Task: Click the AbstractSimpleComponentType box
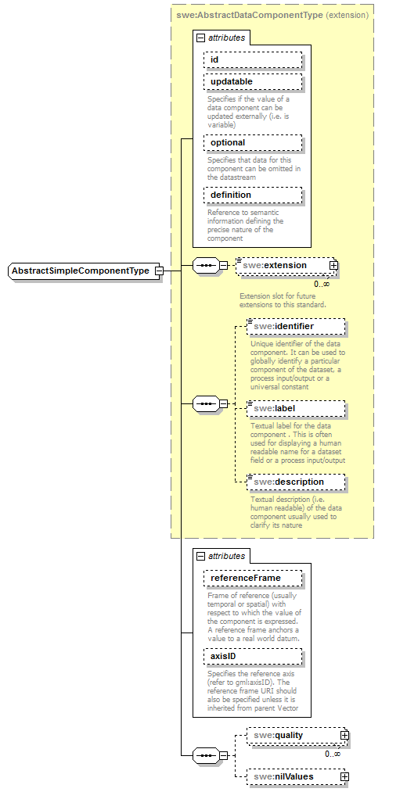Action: [x=81, y=271]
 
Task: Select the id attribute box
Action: [x=252, y=60]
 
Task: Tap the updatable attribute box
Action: [x=252, y=81]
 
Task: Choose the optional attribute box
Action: [x=252, y=142]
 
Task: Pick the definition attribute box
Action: [x=252, y=195]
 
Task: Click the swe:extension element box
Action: [x=283, y=265]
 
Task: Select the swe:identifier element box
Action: [x=295, y=326]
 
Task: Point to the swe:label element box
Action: [x=295, y=407]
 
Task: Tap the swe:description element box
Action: [x=295, y=482]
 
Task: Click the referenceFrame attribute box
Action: [x=252, y=578]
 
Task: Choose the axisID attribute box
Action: [x=252, y=656]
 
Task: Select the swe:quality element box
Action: [x=294, y=735]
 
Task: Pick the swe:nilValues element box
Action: [x=294, y=777]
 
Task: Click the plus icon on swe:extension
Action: [x=334, y=265]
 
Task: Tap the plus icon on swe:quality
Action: [x=344, y=735]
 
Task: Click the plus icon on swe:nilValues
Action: [x=344, y=777]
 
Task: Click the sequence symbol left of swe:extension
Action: [x=205, y=266]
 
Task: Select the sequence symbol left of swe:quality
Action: [x=205, y=756]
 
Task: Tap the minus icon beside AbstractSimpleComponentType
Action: [x=159, y=271]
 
